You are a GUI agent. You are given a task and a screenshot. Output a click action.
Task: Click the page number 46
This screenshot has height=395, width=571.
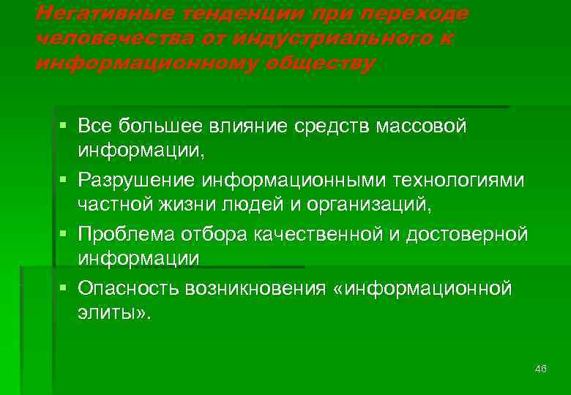pyautogui.click(x=541, y=369)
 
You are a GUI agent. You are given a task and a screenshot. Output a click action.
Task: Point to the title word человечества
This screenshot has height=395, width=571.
pyautogui.click(x=92, y=38)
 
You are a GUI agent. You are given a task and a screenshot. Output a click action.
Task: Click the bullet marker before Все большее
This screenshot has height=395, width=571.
pyautogui.click(x=65, y=125)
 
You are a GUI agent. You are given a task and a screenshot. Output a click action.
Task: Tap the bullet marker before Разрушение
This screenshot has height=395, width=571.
pyautogui.click(x=65, y=180)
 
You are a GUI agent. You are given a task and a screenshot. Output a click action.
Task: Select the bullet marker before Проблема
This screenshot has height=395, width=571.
pyautogui.click(x=65, y=234)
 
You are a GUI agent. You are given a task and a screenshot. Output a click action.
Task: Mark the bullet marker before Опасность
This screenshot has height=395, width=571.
pyautogui.click(x=65, y=288)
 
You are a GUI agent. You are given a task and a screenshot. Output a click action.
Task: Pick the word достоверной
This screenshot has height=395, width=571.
pyautogui.click(x=471, y=234)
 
